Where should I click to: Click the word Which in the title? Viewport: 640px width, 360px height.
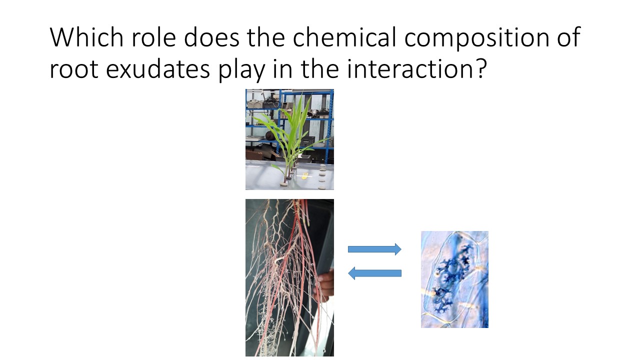[x=86, y=37]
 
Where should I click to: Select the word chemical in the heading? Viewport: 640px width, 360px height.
[x=344, y=37]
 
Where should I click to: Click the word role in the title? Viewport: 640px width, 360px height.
[x=153, y=37]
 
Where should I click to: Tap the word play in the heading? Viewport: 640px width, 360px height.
[x=241, y=71]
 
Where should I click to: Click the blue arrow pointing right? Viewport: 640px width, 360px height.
[x=374, y=249]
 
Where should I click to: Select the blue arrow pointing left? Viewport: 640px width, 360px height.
[x=374, y=273]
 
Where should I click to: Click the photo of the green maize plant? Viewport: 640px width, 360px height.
[x=289, y=139]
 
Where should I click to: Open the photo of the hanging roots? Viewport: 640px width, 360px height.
[x=289, y=277]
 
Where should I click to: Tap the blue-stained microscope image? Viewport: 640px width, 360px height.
[x=454, y=279]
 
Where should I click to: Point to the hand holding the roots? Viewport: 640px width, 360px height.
[x=325, y=285]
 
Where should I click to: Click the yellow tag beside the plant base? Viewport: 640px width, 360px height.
[x=304, y=176]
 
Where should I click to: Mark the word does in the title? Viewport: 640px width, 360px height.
[x=211, y=37]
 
